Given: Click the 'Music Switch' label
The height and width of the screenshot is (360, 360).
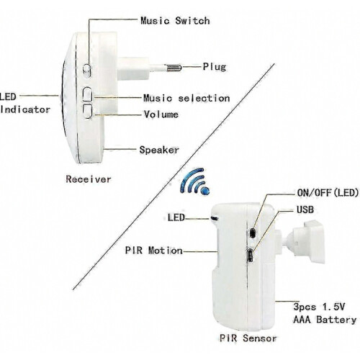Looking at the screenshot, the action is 175,21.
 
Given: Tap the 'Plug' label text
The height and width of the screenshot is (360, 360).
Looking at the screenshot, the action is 215,67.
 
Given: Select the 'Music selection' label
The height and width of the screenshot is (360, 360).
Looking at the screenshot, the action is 186,98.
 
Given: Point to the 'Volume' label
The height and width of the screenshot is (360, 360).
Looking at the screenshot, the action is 161,114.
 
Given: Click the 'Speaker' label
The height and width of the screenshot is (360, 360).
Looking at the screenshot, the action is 159,150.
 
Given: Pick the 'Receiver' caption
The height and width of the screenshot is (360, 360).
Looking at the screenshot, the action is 89,179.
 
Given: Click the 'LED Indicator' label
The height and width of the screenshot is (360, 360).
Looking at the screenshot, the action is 24,103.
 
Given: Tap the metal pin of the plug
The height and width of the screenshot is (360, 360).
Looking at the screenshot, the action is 173,68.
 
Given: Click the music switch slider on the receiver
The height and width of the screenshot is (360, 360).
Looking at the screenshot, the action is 87,71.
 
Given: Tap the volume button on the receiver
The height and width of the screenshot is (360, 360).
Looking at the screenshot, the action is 87,111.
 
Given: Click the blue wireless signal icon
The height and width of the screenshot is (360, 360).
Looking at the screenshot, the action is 195,181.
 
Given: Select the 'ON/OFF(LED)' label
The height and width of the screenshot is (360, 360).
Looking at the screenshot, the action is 328,192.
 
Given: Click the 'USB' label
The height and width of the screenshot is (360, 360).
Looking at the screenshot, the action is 305,210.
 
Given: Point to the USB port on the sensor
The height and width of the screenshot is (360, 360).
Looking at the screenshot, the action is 251,256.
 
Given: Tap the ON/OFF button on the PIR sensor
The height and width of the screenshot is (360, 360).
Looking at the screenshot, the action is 252,233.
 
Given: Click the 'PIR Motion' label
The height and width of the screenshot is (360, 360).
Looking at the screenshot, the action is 154,251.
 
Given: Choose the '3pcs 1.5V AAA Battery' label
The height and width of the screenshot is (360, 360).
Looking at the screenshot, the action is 325,313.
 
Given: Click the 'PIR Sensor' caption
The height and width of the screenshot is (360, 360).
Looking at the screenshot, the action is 248,338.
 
